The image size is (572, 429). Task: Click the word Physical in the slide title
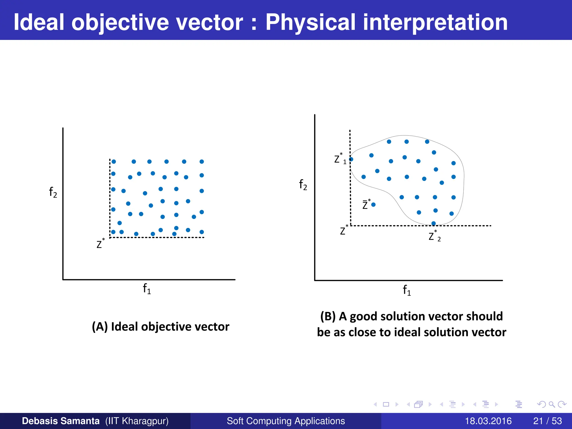tap(310, 22)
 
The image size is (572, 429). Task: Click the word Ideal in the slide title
tap(39, 22)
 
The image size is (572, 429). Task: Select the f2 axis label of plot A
tap(53, 192)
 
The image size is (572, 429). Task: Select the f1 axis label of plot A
tap(147, 289)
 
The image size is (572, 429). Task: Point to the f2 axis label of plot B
tap(303, 185)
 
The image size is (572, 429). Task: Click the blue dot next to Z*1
tap(351, 159)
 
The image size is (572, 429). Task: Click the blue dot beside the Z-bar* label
tap(373, 205)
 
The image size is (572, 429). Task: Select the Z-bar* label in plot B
tap(366, 204)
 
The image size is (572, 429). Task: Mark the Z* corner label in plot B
tap(344, 230)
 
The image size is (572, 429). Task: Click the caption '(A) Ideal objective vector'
tap(161, 326)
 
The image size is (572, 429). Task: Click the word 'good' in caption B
tap(364, 316)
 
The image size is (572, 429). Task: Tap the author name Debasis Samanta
tap(61, 421)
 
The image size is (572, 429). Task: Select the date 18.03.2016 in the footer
tap(488, 421)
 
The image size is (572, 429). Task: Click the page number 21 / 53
tap(547, 421)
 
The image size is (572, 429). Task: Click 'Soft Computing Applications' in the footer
tap(286, 421)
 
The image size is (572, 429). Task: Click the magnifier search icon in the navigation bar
tap(552, 404)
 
